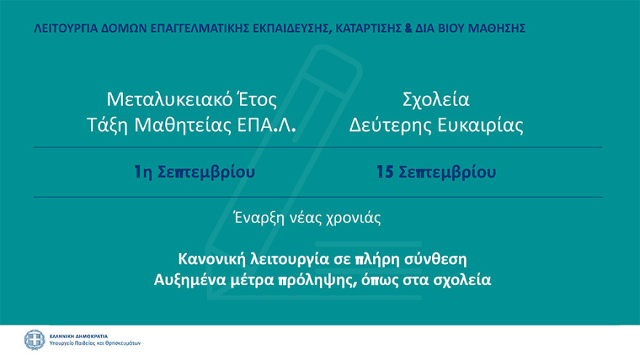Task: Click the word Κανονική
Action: [208, 258]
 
